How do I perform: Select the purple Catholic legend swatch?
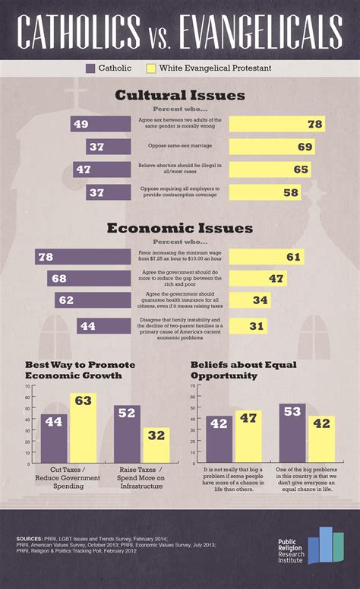[x=90, y=68]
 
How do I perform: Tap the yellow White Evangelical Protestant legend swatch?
[x=151, y=68]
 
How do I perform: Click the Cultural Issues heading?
[x=180, y=96]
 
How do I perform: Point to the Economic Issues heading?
[x=180, y=228]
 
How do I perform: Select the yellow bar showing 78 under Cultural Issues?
[x=276, y=124]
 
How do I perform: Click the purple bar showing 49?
[x=100, y=124]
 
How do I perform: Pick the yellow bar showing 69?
[x=272, y=147]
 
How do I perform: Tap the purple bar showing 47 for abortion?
[x=102, y=169]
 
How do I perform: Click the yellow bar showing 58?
[x=266, y=192]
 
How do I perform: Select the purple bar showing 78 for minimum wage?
[x=83, y=258]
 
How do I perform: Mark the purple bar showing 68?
[x=89, y=279]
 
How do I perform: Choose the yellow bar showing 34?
[x=250, y=300]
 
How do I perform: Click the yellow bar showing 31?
[x=248, y=326]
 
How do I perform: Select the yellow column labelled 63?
[x=84, y=428]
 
